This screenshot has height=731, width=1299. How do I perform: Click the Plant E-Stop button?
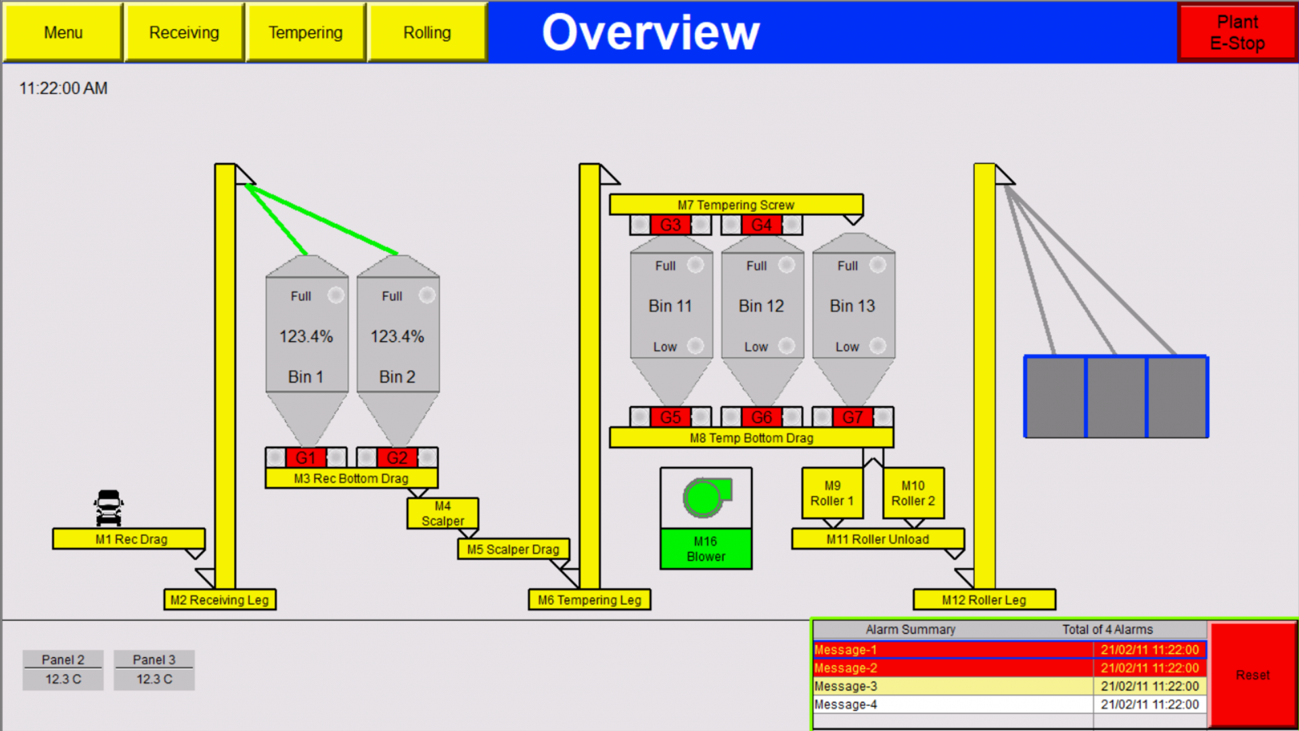(x=1237, y=32)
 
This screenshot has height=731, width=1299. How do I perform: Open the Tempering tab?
(x=305, y=32)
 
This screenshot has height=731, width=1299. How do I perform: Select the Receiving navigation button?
(x=184, y=32)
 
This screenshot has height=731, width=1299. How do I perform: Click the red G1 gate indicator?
(x=306, y=458)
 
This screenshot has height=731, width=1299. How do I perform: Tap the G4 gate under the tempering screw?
(x=761, y=225)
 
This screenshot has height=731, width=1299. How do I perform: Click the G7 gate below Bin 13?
(x=852, y=417)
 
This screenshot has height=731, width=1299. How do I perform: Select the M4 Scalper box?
(x=442, y=514)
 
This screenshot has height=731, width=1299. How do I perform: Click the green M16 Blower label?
(x=706, y=549)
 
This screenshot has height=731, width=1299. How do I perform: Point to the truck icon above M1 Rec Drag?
(x=108, y=508)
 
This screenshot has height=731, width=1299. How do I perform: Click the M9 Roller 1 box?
(x=832, y=493)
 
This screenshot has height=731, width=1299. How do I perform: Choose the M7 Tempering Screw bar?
(x=735, y=204)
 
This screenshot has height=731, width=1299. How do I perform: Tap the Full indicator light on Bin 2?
(x=427, y=295)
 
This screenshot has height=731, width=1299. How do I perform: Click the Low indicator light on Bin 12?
(x=786, y=346)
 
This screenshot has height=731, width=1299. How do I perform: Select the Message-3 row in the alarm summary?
(x=952, y=686)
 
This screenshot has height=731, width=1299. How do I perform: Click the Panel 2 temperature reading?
(x=63, y=679)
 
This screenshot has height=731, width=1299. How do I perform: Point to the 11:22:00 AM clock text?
(x=63, y=89)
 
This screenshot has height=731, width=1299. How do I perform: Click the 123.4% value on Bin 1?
(x=306, y=336)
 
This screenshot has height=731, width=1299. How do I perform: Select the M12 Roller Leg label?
(x=984, y=600)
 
